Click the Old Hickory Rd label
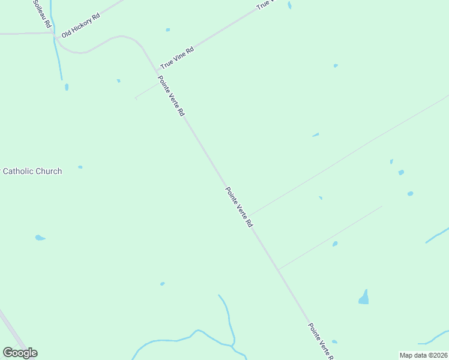[x=80, y=25]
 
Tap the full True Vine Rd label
[x=177, y=58]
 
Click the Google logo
[x=20, y=352]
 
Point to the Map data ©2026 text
[x=423, y=355]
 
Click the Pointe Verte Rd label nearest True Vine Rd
[x=171, y=96]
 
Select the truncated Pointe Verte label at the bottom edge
[x=321, y=340]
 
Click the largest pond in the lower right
[x=364, y=298]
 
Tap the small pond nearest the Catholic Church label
[x=80, y=167]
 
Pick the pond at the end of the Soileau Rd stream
[x=67, y=87]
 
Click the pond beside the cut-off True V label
[x=289, y=5]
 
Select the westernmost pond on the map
[x=40, y=238]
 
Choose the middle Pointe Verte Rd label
[x=239, y=207]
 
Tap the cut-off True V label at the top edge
[x=265, y=4]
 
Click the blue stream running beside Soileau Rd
[x=57, y=57]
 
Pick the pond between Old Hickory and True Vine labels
[x=167, y=29]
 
